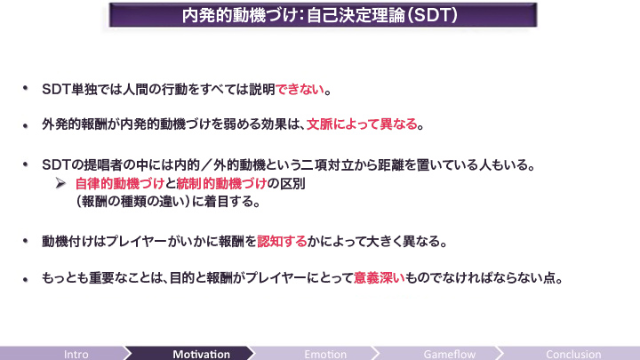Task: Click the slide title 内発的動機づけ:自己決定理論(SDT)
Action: [320, 15]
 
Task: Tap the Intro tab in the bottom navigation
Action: [76, 354]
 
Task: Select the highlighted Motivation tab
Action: [201, 354]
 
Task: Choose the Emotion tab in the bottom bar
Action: [325, 354]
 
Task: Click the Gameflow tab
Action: [450, 354]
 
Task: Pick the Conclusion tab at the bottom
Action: [573, 354]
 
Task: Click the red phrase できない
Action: [300, 90]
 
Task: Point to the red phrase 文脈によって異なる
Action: [362, 124]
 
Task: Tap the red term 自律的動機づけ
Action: [120, 184]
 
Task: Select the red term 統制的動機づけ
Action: [221, 184]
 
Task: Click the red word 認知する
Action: [282, 241]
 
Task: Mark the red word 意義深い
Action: [380, 278]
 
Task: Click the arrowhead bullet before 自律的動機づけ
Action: [60, 184]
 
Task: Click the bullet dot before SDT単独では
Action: [25, 88]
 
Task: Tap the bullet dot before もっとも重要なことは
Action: [25, 279]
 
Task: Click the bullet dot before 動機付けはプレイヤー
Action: [25, 241]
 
